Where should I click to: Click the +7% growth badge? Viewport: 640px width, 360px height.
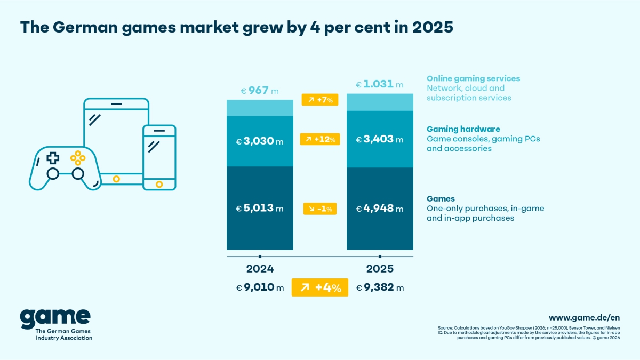point(320,100)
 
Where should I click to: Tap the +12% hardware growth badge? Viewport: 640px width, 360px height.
point(320,139)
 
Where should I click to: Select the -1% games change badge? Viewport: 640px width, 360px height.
point(320,209)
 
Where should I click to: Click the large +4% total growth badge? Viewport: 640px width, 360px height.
point(320,287)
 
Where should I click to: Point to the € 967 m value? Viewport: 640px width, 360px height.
point(260,91)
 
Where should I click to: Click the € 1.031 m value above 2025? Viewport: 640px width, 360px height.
point(380,84)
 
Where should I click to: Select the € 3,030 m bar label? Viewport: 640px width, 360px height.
point(260,141)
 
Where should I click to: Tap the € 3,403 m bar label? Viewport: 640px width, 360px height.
point(380,140)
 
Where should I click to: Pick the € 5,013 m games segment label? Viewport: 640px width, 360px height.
point(260,209)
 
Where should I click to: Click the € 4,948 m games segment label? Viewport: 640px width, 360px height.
point(380,209)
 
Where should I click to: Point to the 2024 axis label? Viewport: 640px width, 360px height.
point(260,268)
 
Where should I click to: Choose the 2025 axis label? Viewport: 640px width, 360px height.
point(380,268)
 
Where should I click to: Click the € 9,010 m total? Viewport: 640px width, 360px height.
point(260,288)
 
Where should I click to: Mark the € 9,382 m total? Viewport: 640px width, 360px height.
point(380,288)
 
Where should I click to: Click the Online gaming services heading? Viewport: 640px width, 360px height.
point(473,78)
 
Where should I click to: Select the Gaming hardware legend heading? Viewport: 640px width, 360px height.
point(463,129)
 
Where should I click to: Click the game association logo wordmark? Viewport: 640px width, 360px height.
point(55,318)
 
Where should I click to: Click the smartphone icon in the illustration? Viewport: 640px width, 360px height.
point(159,157)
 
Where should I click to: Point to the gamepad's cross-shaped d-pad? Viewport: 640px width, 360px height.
point(52,158)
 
